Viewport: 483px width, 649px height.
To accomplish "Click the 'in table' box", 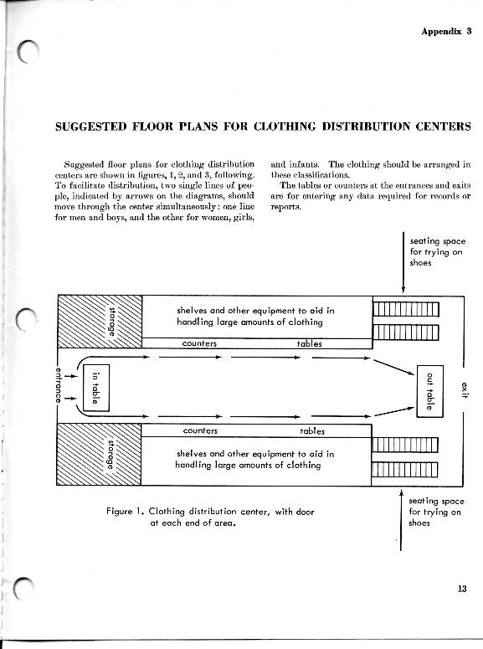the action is click(x=96, y=388).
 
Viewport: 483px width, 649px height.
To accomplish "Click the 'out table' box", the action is click(x=429, y=391).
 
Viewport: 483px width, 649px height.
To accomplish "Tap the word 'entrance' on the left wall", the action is click(x=58, y=385).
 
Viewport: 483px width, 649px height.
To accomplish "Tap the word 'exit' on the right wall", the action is click(x=465, y=390).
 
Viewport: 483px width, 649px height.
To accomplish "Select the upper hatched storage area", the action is click(x=100, y=322).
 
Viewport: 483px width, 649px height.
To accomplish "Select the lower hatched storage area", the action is click(x=99, y=454).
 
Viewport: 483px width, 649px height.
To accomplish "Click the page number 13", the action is click(x=462, y=588).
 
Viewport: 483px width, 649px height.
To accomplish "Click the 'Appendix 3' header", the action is click(x=446, y=31).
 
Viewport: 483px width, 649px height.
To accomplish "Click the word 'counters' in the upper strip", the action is click(x=199, y=343).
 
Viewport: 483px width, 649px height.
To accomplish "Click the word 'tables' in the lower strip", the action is click(x=312, y=431).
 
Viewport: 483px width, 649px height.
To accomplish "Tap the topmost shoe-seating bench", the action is click(x=406, y=309).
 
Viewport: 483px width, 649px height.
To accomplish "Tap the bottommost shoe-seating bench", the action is click(x=404, y=470).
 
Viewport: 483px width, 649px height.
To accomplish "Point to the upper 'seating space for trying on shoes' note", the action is click(x=438, y=252).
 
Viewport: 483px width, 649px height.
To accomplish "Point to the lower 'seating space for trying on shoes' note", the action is click(x=436, y=512).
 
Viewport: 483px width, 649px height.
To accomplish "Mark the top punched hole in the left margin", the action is click(x=28, y=53).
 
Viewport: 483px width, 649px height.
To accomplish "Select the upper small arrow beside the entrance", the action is click(x=71, y=376).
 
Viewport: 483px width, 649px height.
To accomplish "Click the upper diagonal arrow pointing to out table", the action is click(x=393, y=367).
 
